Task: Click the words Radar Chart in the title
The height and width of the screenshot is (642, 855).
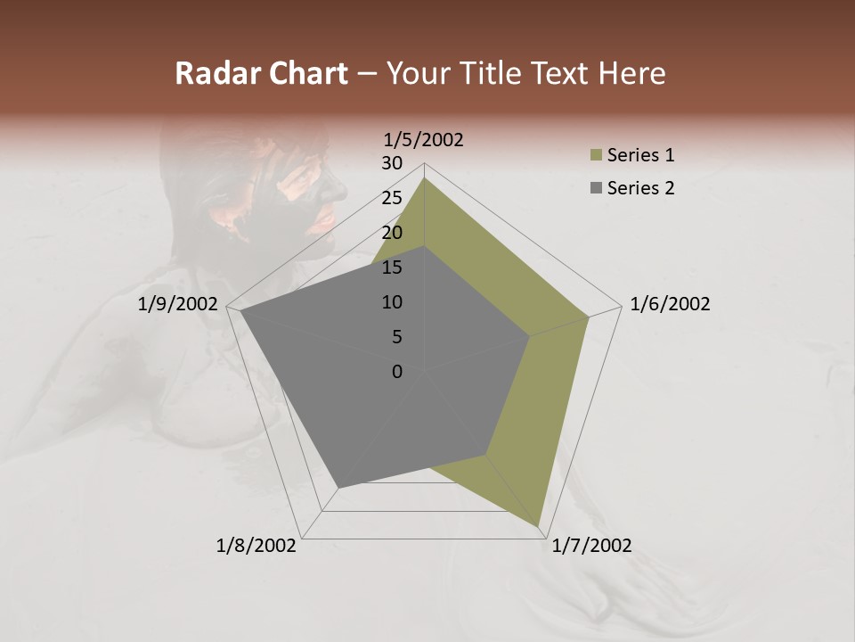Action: (x=261, y=73)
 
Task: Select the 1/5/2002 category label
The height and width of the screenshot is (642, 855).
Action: (x=424, y=139)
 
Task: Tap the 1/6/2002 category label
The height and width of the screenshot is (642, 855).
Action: (x=670, y=304)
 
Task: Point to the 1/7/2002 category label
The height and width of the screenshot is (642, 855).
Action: (x=591, y=546)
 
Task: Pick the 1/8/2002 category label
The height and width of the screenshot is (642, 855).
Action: (x=256, y=546)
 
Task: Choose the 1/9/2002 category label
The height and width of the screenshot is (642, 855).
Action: (x=178, y=304)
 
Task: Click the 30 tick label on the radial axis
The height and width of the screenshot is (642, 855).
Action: (x=392, y=163)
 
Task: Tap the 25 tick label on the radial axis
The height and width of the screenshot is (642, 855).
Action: (x=392, y=198)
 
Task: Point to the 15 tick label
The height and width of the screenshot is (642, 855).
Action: (x=392, y=267)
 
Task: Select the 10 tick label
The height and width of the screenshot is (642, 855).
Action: (x=392, y=302)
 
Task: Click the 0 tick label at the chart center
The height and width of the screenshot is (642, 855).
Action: (x=397, y=372)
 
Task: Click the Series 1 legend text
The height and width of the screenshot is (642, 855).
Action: (x=640, y=155)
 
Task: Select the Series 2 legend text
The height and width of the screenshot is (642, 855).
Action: (x=640, y=188)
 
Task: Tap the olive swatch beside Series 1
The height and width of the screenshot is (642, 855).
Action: (x=595, y=156)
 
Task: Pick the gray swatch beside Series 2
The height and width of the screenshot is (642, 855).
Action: (x=595, y=188)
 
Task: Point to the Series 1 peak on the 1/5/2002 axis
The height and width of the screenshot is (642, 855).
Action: (x=425, y=177)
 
